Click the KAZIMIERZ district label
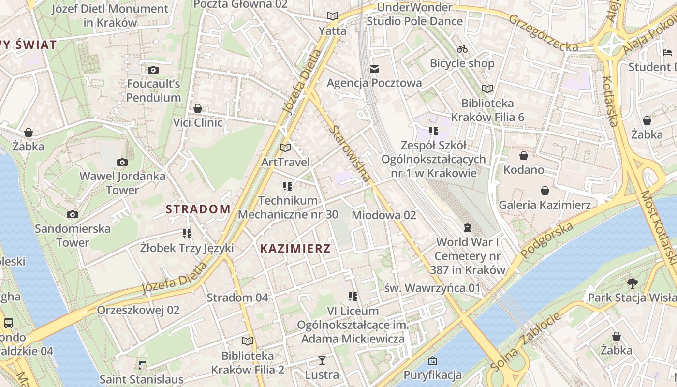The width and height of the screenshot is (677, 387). click(295, 249)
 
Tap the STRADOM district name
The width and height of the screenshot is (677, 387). click(198, 209)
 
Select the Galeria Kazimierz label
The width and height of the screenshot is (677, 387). click(545, 205)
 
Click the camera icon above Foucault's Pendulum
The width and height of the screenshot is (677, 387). click(153, 70)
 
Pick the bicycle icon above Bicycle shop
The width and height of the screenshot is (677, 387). click(462, 49)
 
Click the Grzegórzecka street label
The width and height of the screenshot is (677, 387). click(543, 33)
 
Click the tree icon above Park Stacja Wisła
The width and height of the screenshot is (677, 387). click(632, 283)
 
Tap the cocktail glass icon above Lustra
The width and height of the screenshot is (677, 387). click(322, 360)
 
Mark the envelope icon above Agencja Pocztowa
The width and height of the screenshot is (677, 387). click(374, 69)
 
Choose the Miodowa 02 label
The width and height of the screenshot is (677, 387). click(383, 215)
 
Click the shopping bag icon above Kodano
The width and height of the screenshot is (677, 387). click(523, 156)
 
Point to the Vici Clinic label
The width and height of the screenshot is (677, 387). click(198, 122)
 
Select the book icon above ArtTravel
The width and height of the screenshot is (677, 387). click(285, 148)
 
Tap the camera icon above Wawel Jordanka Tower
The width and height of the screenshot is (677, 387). click(122, 162)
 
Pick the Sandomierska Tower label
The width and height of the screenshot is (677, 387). click(73, 235)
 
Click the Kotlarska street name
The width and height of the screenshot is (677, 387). click(611, 101)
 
